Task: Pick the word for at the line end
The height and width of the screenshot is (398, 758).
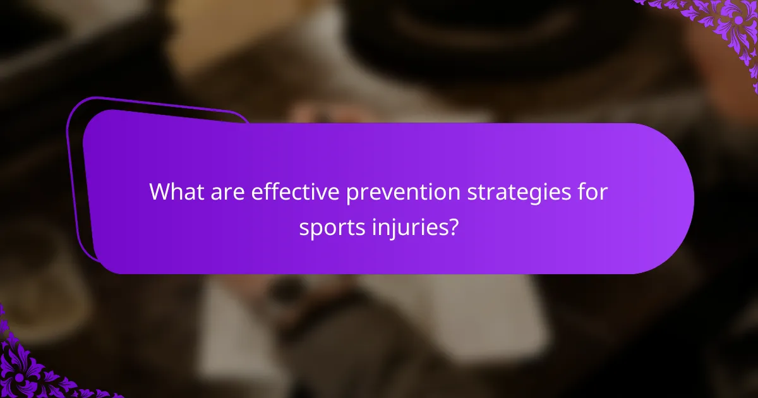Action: point(593,191)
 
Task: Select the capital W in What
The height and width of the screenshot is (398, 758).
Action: point(159,191)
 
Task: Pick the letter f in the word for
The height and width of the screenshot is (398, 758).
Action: point(582,191)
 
